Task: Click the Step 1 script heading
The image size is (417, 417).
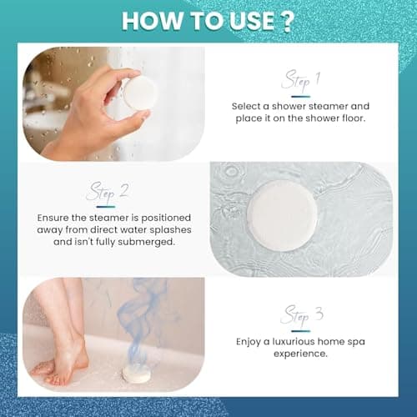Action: pyautogui.click(x=301, y=80)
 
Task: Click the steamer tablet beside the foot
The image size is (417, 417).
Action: pyautogui.click(x=136, y=374)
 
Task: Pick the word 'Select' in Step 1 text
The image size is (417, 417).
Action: pyautogui.click(x=249, y=107)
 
